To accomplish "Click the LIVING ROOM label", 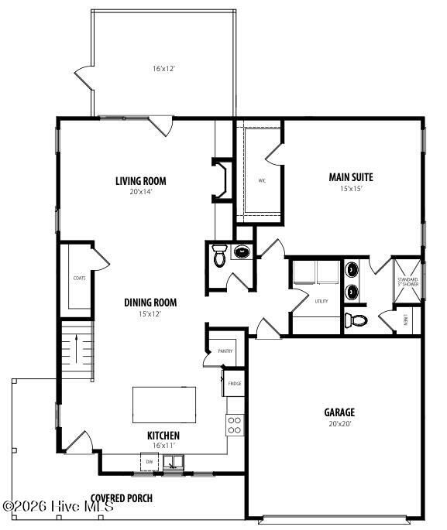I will pyautogui.click(x=141, y=181).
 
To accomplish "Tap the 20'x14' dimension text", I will pyautogui.click(x=141, y=192).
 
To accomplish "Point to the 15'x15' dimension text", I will pyautogui.click(x=351, y=188).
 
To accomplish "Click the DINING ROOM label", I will pyautogui.click(x=151, y=303).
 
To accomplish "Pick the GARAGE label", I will pyautogui.click(x=339, y=412).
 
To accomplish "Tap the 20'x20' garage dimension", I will pyautogui.click(x=339, y=423).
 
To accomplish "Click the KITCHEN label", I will pyautogui.click(x=163, y=436).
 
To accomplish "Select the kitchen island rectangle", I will pyautogui.click(x=164, y=405).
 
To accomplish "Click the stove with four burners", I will pyautogui.click(x=234, y=424).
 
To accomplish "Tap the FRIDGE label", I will pyautogui.click(x=235, y=383).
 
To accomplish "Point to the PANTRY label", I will pyautogui.click(x=225, y=350).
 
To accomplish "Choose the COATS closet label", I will pyautogui.click(x=79, y=277).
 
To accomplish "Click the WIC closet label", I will pyautogui.click(x=263, y=183).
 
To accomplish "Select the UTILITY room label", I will pyautogui.click(x=322, y=301).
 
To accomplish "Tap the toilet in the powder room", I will pyautogui.click(x=220, y=256).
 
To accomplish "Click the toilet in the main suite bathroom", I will pyautogui.click(x=357, y=319).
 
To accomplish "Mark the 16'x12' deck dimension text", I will pyautogui.click(x=163, y=69).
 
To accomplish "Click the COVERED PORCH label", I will pyautogui.click(x=122, y=498).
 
